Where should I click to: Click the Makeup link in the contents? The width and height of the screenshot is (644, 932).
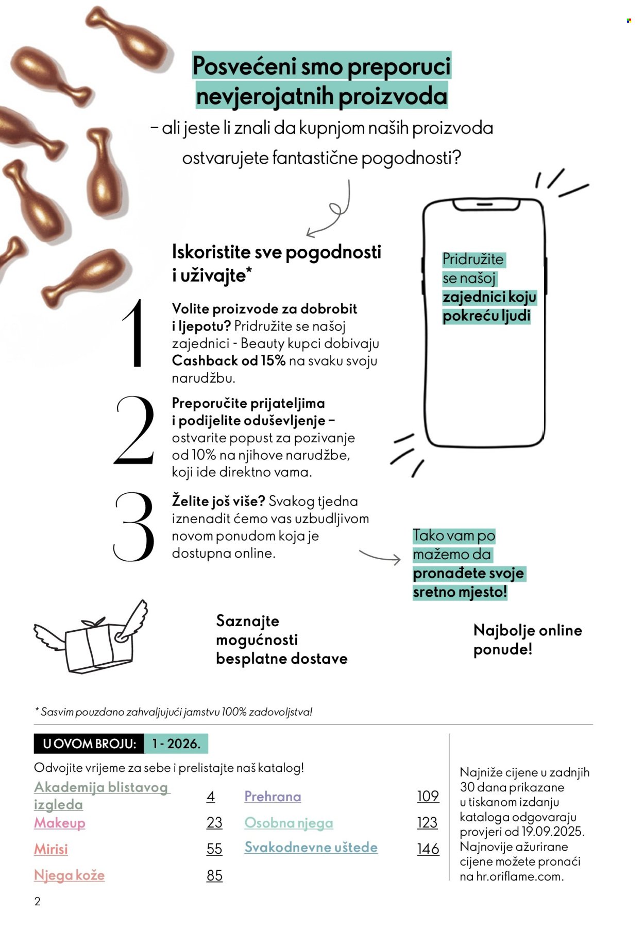[x=60, y=822]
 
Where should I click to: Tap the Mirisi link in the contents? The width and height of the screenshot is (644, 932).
[x=51, y=849]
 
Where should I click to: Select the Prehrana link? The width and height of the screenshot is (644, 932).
[x=273, y=796]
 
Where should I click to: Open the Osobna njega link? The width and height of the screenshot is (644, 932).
[x=289, y=822]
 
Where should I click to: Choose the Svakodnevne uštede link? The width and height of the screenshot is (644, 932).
[x=311, y=847]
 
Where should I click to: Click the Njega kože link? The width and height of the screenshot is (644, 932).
[x=69, y=875]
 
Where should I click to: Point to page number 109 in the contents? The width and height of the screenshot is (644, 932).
[x=428, y=796]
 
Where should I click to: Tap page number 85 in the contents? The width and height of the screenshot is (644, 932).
[x=214, y=875]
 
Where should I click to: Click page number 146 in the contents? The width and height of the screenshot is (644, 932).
[x=428, y=849]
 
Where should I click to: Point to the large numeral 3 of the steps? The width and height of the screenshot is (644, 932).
[x=134, y=526]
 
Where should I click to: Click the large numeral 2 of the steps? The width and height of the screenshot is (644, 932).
[x=134, y=430]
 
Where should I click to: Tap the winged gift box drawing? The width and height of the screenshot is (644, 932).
[x=91, y=638]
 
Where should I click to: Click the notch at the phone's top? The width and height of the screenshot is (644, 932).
[x=486, y=205]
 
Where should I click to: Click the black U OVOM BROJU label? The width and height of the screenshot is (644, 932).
[x=89, y=744]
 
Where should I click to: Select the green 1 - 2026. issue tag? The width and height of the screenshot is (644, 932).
[x=176, y=744]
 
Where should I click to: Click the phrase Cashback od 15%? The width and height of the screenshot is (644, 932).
[x=228, y=360]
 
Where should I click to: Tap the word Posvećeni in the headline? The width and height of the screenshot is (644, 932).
[x=244, y=66]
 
